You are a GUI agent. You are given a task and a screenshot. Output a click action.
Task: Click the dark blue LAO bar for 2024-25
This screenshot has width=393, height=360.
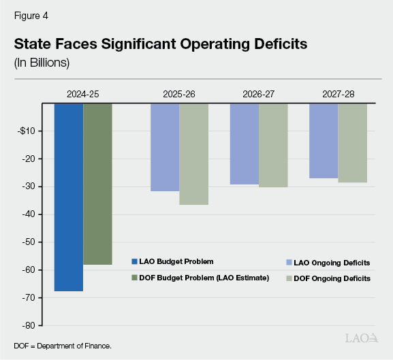(69, 197)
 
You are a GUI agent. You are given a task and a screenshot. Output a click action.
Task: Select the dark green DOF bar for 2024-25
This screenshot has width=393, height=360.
(97, 184)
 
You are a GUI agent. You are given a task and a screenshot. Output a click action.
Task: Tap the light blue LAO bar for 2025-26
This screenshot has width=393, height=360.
(165, 147)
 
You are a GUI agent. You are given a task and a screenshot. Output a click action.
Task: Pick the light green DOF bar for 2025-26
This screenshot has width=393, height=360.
(193, 154)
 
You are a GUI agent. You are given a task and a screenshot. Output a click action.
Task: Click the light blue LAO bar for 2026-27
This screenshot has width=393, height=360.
(244, 144)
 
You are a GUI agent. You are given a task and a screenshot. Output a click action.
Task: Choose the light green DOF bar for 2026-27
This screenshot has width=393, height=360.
(272, 145)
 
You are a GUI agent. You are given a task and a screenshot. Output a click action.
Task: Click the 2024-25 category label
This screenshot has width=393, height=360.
(83, 94)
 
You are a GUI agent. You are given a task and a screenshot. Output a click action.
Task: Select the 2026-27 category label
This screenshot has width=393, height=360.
(258, 94)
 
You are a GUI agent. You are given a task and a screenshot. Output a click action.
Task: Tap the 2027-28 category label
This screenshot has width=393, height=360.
(338, 94)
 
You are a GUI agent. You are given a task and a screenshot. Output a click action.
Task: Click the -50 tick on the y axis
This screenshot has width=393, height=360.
(34, 242)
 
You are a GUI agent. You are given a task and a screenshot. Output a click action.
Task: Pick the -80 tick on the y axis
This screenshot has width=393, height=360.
(34, 325)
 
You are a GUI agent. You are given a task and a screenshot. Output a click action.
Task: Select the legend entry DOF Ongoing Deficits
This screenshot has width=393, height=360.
(330, 278)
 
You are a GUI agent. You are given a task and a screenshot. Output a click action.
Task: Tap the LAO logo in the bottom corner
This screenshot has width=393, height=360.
(361, 338)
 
